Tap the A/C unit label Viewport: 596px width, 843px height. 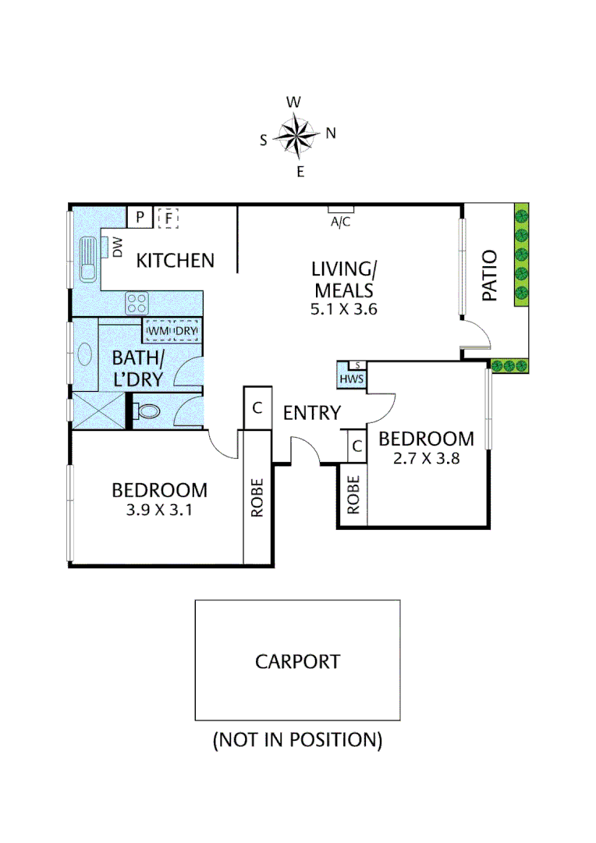[x=341, y=221]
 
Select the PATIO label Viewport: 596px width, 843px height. [x=490, y=275]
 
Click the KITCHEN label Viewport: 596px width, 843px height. [x=176, y=260]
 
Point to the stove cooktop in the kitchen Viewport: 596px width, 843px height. [x=138, y=302]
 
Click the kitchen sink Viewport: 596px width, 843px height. [x=87, y=259]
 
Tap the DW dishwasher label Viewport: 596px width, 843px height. [x=119, y=249]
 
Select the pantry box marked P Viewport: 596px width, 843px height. [x=139, y=218]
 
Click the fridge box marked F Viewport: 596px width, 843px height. [x=168, y=218]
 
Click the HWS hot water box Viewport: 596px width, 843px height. [x=349, y=378]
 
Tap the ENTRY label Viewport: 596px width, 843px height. [x=312, y=413]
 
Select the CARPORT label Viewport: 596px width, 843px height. [x=297, y=662]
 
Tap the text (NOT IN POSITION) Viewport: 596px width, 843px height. [x=297, y=739]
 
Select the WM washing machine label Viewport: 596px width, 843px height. [x=159, y=332]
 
